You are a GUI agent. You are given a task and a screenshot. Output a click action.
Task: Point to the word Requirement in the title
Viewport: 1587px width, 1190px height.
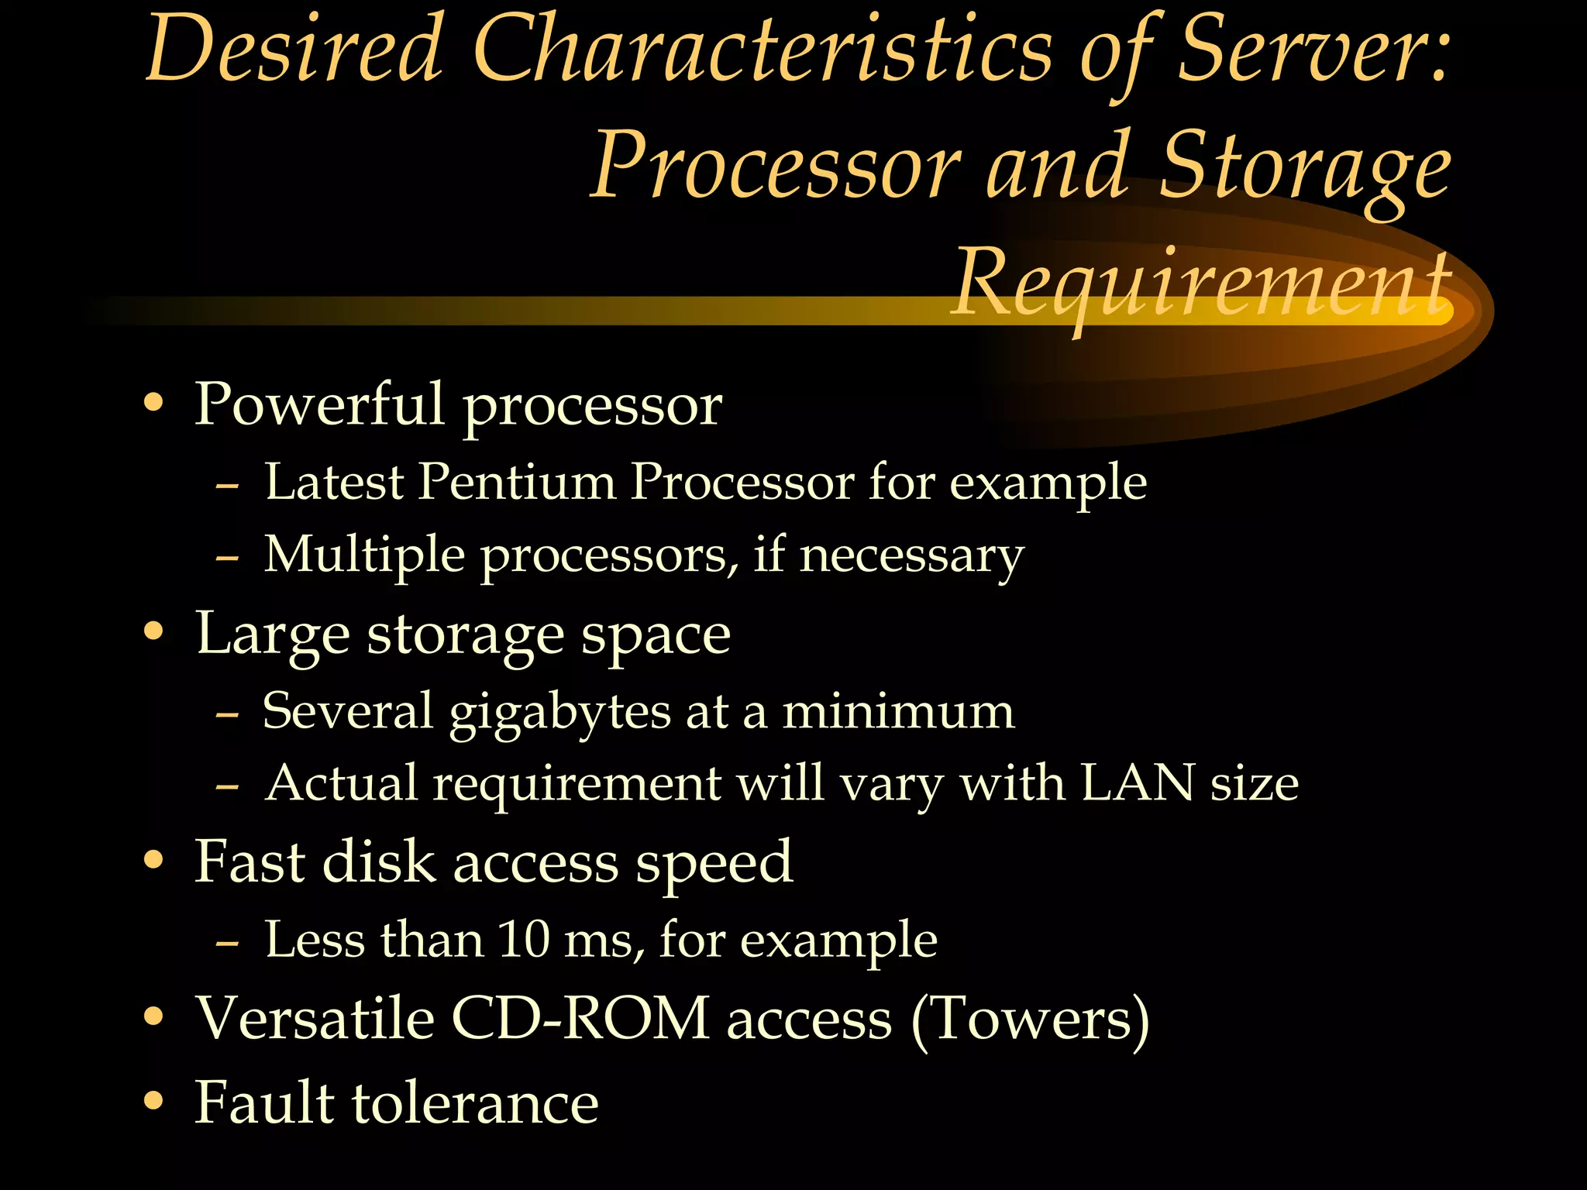click(x=1201, y=283)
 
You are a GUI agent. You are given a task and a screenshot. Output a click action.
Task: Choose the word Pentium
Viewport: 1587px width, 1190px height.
click(x=517, y=482)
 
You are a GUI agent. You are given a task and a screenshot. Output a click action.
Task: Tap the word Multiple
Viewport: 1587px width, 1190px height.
click(x=364, y=555)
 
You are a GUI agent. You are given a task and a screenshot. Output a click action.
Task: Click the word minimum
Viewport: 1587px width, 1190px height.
click(x=898, y=710)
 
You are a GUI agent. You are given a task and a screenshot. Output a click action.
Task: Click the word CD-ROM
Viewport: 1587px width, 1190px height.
click(x=580, y=1018)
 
